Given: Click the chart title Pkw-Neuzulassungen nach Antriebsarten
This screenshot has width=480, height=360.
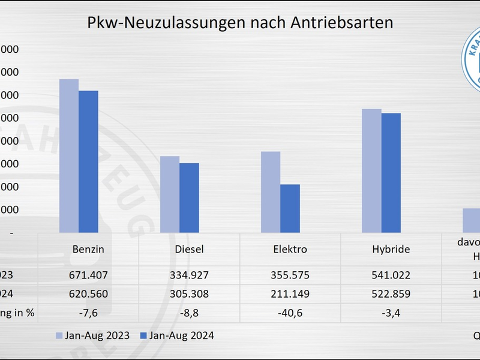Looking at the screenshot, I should click(240, 23).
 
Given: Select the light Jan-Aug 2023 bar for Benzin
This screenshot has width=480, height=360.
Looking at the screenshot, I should click(68, 156).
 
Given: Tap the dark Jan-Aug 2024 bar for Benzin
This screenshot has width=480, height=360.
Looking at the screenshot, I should click(88, 161).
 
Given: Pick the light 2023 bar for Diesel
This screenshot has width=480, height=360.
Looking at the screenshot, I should click(169, 194).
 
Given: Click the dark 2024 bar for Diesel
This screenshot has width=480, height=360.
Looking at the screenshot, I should click(189, 198).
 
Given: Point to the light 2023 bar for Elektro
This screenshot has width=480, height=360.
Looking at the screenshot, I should click(270, 192).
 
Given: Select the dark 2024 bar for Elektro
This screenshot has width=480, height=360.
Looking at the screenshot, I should click(290, 208).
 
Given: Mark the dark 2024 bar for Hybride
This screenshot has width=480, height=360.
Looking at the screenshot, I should click(391, 173).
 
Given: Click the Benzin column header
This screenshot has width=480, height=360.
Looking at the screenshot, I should click(88, 249).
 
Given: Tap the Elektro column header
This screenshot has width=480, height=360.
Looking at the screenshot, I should click(290, 249).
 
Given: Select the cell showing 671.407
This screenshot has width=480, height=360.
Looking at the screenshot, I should click(88, 275).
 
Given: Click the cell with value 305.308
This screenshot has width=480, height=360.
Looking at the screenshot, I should click(189, 294).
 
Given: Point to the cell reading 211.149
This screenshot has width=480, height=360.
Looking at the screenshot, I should click(290, 294).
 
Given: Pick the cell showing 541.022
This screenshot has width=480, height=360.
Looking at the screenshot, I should click(391, 275).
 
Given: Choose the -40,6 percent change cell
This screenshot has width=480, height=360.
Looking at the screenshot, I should click(290, 313).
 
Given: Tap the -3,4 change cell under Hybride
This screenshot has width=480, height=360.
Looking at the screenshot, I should click(391, 313).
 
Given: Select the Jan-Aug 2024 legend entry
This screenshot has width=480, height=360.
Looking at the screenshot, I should click(176, 335).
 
